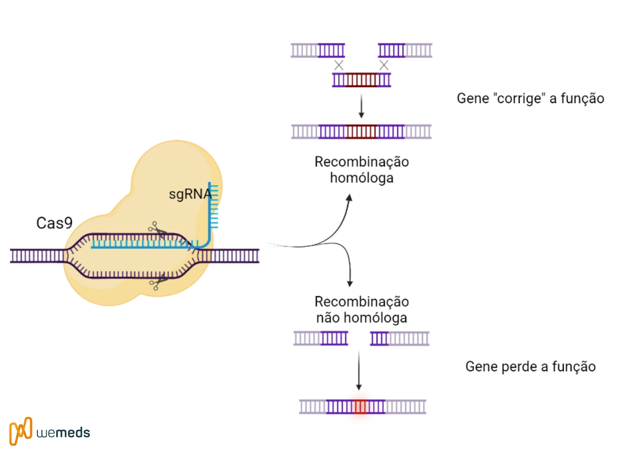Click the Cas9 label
pos(54,223)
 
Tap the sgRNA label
pos(190,194)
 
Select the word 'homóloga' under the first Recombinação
pos(362,178)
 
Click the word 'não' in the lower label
pos(328,318)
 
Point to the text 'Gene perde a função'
pos(530,367)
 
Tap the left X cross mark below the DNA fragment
pos(339,65)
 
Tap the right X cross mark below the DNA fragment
pos(384,65)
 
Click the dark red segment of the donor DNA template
pos(361,80)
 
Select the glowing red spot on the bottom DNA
pos(360,407)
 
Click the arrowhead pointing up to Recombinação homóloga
pos(349,198)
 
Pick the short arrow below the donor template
pos(361,106)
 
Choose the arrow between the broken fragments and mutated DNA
pos(359,370)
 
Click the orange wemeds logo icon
pos(21,431)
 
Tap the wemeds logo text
pos(63,433)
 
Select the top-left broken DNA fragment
pos(318,50)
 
